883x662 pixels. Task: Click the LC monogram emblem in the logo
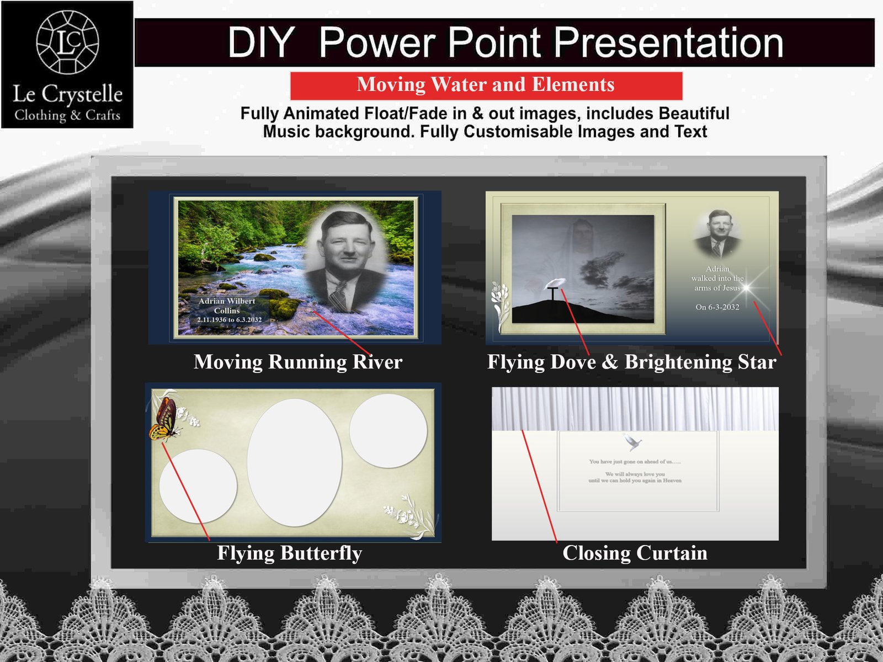click(67, 42)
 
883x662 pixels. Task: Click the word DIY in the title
click(261, 42)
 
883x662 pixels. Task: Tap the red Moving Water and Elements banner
click(486, 85)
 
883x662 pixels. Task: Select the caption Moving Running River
click(298, 362)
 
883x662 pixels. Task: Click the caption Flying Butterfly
click(289, 553)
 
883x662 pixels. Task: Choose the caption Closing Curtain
click(635, 553)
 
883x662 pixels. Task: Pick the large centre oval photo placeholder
click(294, 462)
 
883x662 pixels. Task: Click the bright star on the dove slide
click(747, 287)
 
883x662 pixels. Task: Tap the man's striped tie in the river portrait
click(338, 298)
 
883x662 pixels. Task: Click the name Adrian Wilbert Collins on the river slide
click(227, 306)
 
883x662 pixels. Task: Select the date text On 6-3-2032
click(717, 307)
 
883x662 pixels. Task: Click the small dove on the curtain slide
click(632, 442)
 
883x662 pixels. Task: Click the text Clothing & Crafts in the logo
click(67, 115)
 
